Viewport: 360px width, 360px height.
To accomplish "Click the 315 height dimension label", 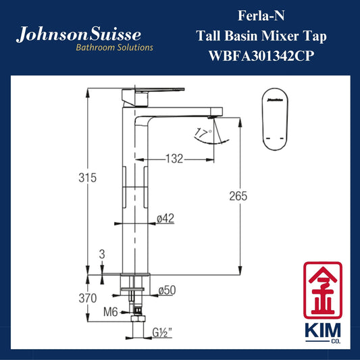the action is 88,178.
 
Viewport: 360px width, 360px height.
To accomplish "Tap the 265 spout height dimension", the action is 238,197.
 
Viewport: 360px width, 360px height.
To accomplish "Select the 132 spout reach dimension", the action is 174,159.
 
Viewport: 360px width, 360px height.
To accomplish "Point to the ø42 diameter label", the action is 165,218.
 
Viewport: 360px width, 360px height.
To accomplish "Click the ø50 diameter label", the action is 167,290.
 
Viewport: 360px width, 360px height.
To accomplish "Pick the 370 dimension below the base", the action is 88,299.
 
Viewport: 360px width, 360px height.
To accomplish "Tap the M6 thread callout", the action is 111,312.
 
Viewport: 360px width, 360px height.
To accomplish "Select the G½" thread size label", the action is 162,333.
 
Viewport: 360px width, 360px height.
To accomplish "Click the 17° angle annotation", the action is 203,133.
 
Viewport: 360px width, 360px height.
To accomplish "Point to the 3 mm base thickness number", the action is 102,255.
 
